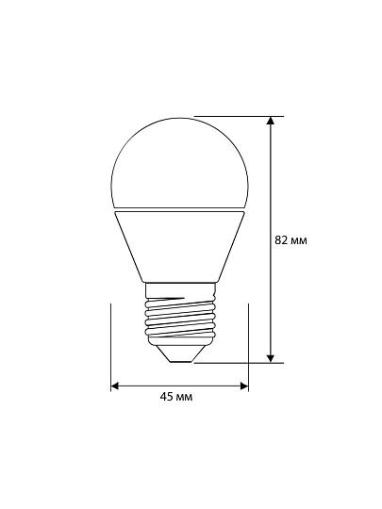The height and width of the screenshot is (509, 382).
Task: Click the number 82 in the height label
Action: coord(281,240)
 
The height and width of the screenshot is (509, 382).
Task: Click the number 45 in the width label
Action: coord(166,396)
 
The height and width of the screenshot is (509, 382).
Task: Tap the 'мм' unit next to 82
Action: coord(298,241)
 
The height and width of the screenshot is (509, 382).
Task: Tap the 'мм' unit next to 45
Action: coord(184,398)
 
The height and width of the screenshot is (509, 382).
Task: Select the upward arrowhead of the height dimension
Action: coord(271,120)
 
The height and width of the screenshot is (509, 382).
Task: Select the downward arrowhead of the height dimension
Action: coord(271,358)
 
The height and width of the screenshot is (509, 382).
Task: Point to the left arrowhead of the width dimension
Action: coord(115,386)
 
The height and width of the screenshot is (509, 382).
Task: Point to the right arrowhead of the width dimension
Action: coord(244,386)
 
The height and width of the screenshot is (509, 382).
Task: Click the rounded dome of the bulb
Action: coord(179,162)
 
